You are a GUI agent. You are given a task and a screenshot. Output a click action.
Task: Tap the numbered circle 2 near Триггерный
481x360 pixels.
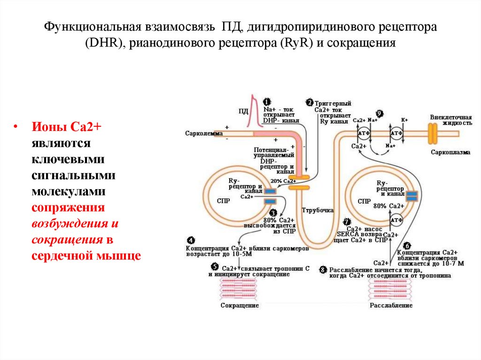[310, 102]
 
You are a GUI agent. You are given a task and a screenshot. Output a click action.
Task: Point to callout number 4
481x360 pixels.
[190, 240]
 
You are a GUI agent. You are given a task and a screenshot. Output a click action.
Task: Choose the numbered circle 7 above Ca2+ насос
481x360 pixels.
[347, 222]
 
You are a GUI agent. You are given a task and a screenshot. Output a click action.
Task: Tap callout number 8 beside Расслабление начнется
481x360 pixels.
[323, 269]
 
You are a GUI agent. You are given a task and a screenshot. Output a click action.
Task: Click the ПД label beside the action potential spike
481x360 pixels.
[243, 111]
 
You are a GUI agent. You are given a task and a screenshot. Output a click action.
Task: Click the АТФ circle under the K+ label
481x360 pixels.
[397, 134]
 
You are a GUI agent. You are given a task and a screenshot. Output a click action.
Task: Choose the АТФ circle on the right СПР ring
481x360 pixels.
[397, 220]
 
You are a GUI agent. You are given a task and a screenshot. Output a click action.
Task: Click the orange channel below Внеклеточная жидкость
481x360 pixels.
[432, 133]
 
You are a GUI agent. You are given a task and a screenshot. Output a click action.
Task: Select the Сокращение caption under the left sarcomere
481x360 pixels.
[240, 306]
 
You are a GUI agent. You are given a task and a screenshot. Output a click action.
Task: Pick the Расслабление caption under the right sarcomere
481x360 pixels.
[391, 306]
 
